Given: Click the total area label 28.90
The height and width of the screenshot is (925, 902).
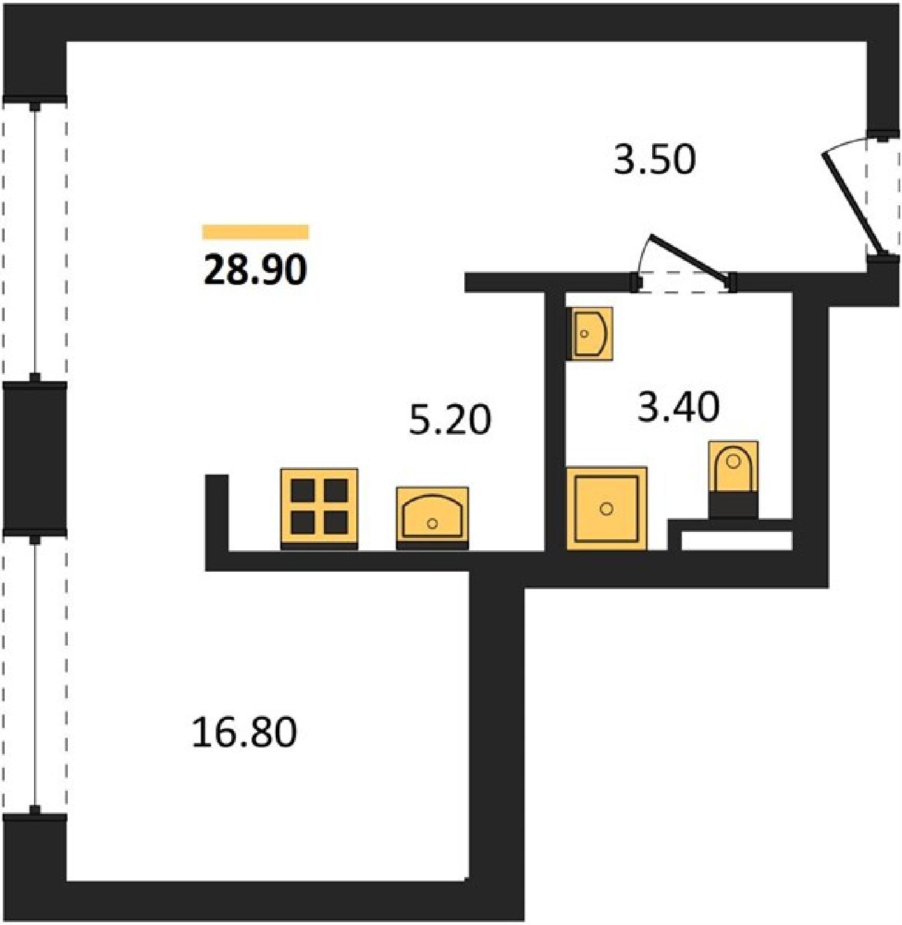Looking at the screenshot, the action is tap(255, 270).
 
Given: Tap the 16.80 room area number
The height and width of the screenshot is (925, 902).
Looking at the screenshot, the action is tap(244, 732).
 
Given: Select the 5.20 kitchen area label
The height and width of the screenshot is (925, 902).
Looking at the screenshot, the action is tap(450, 419).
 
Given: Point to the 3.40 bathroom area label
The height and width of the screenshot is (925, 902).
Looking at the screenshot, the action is tap(678, 406).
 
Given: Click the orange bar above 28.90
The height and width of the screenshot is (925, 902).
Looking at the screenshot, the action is tap(256, 232).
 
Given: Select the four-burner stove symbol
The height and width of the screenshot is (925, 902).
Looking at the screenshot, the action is tap(319, 509).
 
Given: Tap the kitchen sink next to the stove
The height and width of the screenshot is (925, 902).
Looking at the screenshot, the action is tap(432, 518).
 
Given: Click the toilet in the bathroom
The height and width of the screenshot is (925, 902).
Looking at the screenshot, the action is tap(733, 479).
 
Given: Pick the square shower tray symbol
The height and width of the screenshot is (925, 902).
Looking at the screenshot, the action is tap(606, 508).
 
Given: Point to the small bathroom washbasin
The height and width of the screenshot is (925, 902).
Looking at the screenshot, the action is tap(590, 334).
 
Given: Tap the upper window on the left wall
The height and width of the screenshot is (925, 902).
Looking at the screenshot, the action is tap(35, 240).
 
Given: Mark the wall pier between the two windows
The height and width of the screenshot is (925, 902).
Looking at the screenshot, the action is tap(35, 457).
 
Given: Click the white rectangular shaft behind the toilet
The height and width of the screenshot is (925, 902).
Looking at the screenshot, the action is tap(737, 541).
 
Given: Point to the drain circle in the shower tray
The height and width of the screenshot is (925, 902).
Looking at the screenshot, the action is tap(606, 509).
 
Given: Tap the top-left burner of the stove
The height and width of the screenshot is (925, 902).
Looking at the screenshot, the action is tap(302, 491).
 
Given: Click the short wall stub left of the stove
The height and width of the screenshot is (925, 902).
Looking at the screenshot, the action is tap(217, 513).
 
